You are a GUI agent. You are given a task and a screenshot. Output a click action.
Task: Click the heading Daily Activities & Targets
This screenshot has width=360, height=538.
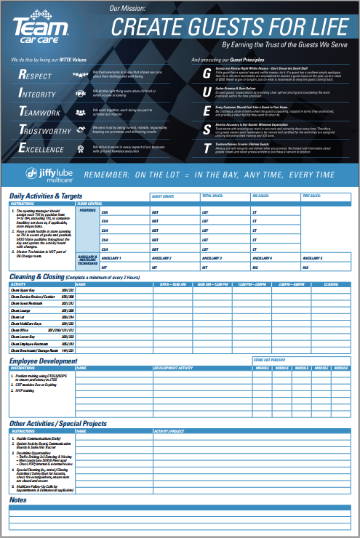click(43, 196)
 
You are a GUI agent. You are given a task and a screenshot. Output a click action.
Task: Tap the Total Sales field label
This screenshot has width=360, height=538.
click(212, 196)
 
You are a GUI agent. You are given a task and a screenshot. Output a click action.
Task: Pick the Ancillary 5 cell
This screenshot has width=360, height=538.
click(313, 258)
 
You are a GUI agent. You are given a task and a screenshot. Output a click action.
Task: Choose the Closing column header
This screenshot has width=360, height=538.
click(331, 284)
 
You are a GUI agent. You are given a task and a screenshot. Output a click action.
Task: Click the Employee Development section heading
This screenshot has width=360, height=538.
click(43, 361)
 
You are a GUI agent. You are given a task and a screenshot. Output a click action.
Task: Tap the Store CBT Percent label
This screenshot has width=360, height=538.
click(269, 360)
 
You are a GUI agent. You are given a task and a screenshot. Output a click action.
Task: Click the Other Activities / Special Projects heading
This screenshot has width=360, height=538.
click(58, 423)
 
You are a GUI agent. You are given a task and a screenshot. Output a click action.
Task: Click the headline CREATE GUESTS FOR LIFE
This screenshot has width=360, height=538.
click(228, 28)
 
